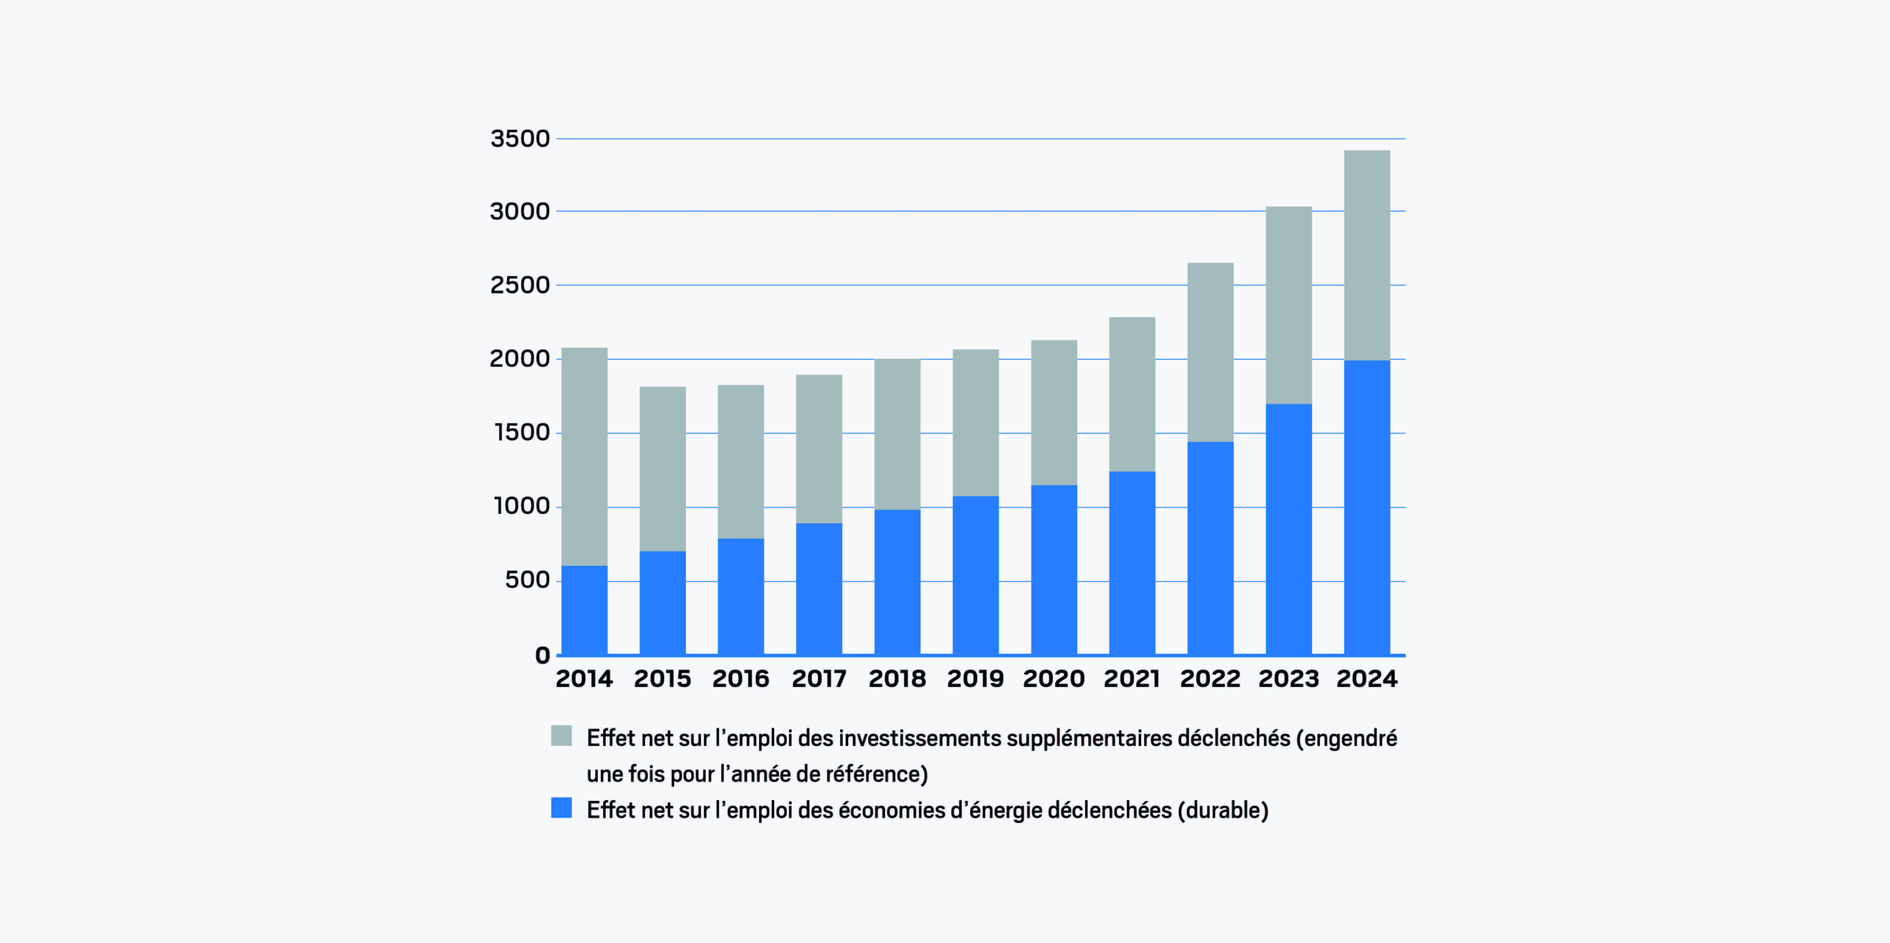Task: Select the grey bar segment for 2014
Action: [x=584, y=456]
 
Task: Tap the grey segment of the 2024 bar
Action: [x=1367, y=255]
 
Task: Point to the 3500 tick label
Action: [x=519, y=138]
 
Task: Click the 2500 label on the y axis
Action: [x=519, y=285]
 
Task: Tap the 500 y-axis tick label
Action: [x=527, y=580]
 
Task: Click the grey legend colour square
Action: [x=561, y=736]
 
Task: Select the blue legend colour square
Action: [x=561, y=808]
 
